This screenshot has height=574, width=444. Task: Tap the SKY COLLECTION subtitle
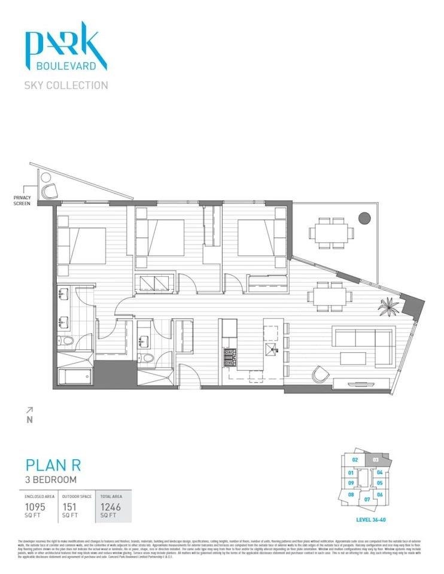pos(66,85)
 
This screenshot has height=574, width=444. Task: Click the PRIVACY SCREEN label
pos(22,200)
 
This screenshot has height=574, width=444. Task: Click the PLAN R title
pos(53,465)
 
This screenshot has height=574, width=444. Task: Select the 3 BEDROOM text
pos(51,480)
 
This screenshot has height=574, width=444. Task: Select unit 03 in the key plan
pos(375,460)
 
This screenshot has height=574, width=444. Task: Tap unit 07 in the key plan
pos(367,499)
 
